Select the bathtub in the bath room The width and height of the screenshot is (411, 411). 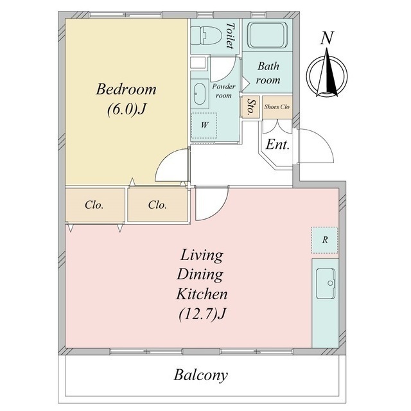pos(267,35)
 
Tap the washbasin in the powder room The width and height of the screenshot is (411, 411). pos(200,94)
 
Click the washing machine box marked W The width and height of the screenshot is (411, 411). pos(204,126)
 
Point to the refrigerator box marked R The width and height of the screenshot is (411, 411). pos(324,240)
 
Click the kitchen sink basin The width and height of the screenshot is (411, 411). pos(326,284)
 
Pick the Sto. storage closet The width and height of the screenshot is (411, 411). pos(250,107)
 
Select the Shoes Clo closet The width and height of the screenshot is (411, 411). pos(277,107)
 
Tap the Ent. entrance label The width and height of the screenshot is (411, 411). pos(277,144)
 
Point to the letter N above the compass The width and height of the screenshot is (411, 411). pos(327,38)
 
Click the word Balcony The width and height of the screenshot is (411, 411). pos(201,375)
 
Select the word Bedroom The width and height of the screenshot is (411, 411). pos(126,89)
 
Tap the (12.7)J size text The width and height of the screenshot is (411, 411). pos(202,314)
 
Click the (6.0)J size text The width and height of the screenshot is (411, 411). pos(127,109)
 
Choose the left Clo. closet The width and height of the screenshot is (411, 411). pos(94,205)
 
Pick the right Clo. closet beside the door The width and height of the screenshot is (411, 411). pos(158,205)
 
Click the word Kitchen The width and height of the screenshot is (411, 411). pos(202,294)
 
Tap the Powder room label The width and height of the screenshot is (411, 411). pos(223,91)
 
